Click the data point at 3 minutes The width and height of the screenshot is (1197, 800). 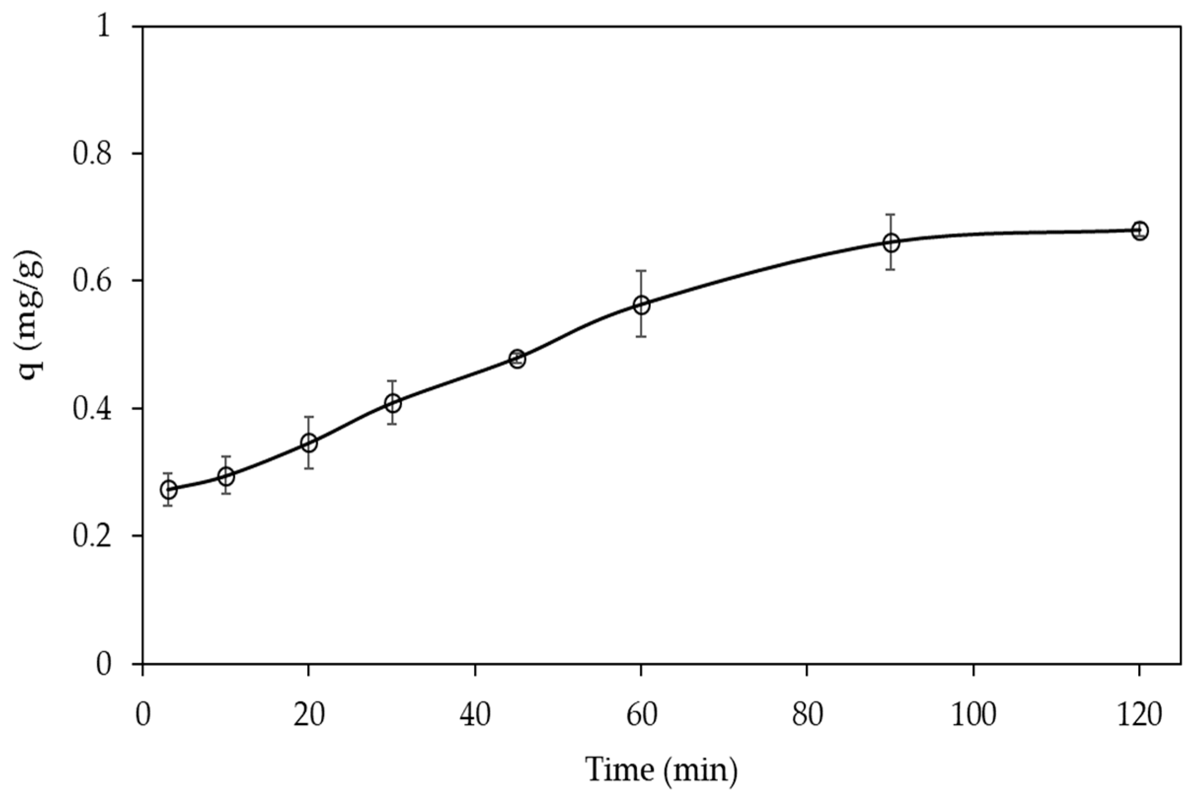click(x=169, y=490)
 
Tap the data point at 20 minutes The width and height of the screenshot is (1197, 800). click(x=309, y=443)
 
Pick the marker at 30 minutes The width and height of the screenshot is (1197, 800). click(x=393, y=403)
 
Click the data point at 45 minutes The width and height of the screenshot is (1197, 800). click(x=517, y=359)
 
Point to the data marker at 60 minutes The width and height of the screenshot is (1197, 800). click(x=641, y=305)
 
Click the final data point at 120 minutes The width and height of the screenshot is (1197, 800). click(x=1140, y=231)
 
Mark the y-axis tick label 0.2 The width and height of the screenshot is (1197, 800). click(x=92, y=537)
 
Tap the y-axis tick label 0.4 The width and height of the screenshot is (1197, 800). click(x=92, y=409)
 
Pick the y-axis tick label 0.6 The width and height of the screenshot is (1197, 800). click(x=92, y=281)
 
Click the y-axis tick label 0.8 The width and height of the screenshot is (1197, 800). click(x=92, y=153)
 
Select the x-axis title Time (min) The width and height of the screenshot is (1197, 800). click(x=661, y=769)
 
